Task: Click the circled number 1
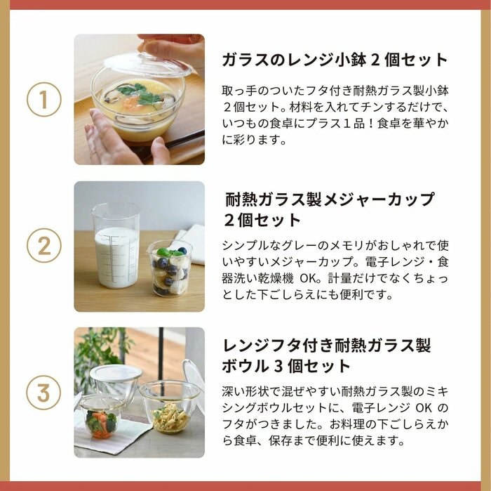(44, 100)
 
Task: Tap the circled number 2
(44, 247)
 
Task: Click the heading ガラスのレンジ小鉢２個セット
(335, 59)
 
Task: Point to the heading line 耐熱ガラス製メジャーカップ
(330, 199)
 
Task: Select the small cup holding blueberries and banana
(169, 268)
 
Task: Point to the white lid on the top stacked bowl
(115, 372)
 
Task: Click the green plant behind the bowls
(98, 351)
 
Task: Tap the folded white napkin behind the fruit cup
(193, 239)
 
